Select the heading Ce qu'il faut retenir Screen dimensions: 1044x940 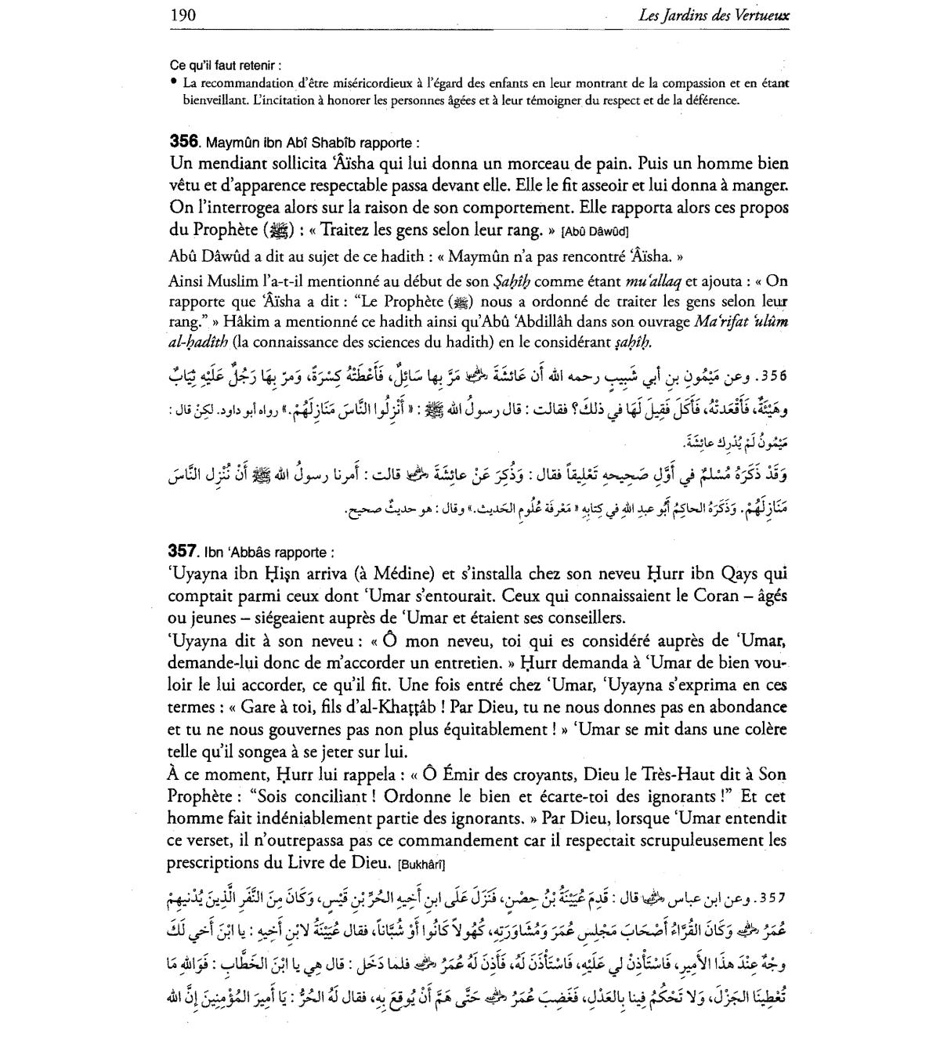[x=225, y=65]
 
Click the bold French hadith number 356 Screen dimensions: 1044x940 [x=183, y=142]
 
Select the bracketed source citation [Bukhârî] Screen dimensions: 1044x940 [x=421, y=865]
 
